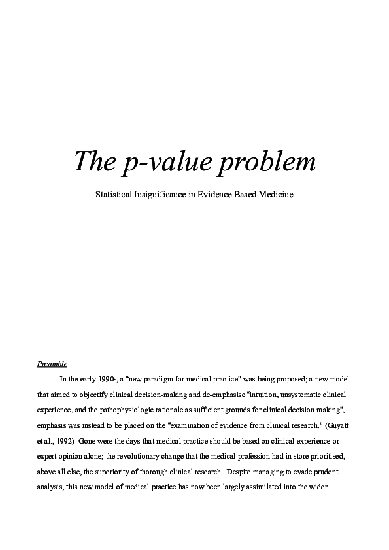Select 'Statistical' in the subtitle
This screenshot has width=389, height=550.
click(118, 195)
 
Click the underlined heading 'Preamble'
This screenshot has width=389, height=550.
click(52, 364)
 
